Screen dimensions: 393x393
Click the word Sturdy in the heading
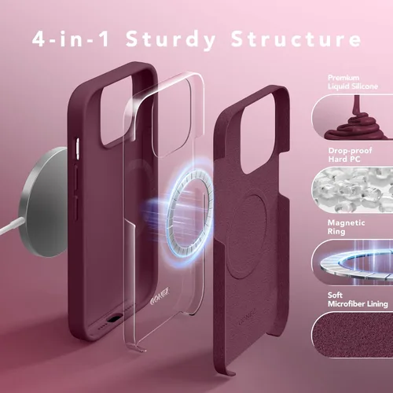[171, 40]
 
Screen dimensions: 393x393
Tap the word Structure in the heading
[296, 39]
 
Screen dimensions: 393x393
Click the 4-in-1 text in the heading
[71, 39]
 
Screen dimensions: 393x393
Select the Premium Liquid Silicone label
[353, 82]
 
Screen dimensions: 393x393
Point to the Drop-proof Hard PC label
[350, 155]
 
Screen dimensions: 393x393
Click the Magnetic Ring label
[346, 227]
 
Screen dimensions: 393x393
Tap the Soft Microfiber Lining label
[358, 299]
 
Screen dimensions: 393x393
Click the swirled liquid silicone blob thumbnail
[352, 116]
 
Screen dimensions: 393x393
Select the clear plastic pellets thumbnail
[352, 189]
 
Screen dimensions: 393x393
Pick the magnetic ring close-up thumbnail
[352, 262]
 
